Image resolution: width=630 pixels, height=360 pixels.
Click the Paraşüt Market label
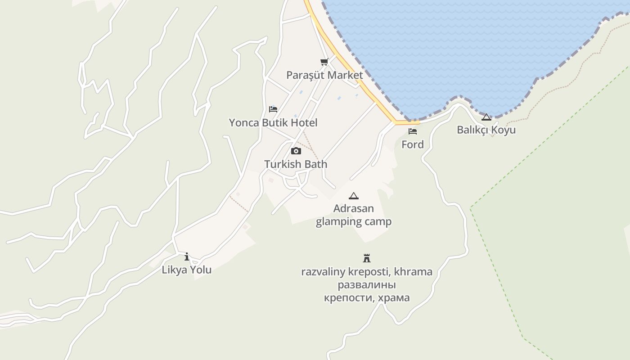324,75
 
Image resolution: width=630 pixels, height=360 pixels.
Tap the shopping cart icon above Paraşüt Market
324,62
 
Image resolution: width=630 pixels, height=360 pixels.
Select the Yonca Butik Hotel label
273,123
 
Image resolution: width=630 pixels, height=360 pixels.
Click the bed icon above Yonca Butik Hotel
273,109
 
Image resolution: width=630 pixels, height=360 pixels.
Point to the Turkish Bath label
296,164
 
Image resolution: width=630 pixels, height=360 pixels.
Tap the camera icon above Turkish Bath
296,151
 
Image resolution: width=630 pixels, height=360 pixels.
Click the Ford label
413,144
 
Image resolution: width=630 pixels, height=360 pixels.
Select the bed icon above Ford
413,131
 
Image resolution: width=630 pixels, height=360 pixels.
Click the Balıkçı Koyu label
486,130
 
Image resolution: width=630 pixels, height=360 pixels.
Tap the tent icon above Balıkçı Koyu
486,117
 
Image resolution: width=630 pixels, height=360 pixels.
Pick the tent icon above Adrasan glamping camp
354,196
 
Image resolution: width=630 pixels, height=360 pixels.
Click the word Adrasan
354,209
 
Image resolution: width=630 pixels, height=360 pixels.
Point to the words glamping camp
354,221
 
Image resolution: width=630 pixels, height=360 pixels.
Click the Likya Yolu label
187,270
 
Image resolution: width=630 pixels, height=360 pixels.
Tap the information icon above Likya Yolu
187,257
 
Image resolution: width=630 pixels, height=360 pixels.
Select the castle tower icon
367,258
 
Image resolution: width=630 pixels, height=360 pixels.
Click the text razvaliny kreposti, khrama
367,272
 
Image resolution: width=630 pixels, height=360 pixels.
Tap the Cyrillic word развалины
367,285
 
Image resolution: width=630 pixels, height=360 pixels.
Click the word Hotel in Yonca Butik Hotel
304,123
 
